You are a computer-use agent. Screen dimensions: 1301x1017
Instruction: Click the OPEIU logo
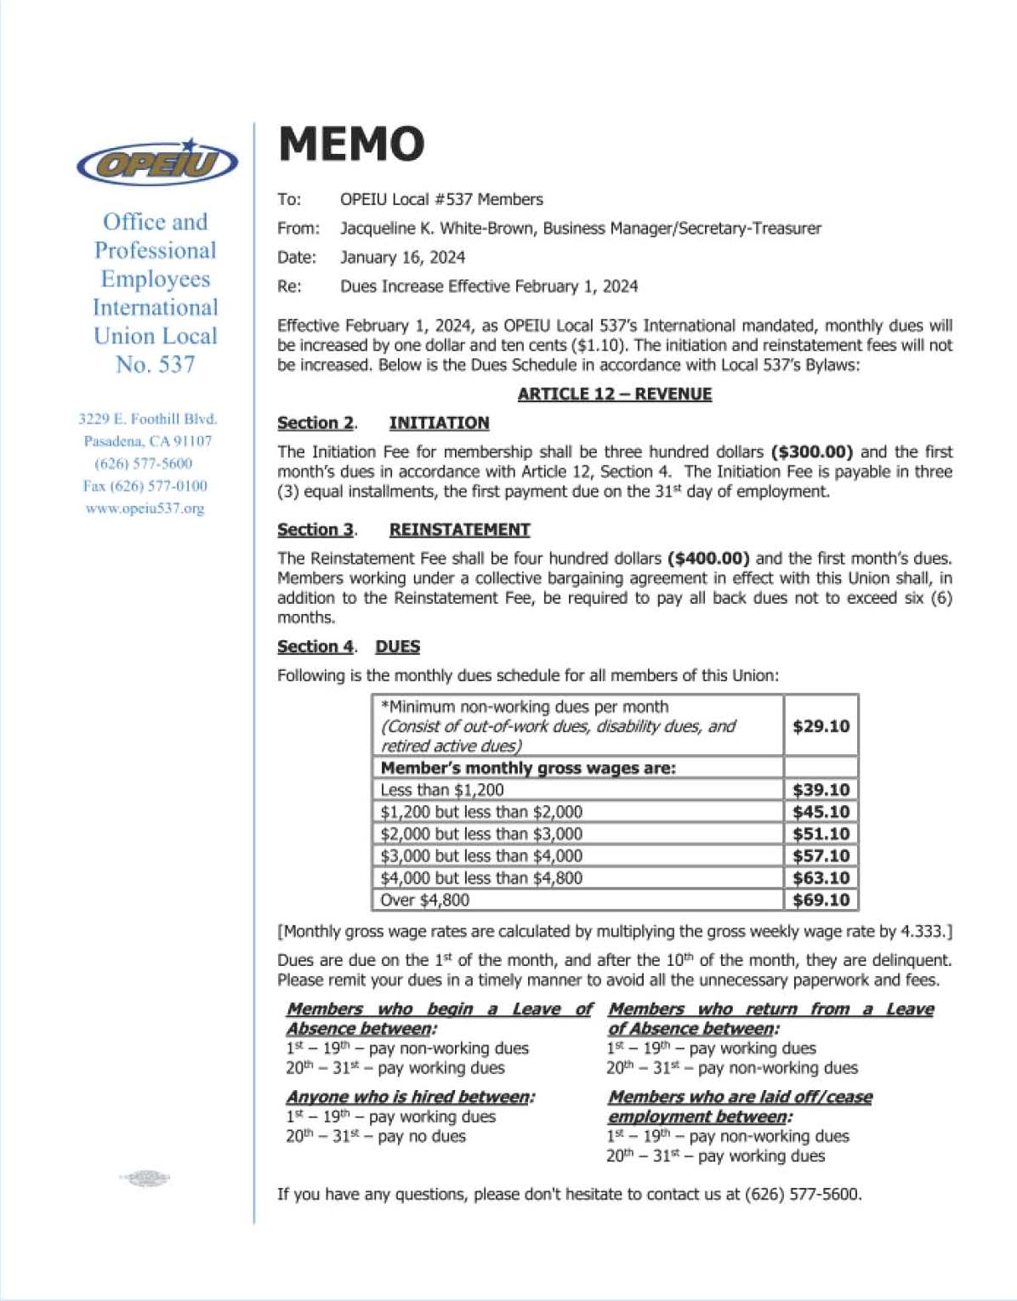tap(156, 162)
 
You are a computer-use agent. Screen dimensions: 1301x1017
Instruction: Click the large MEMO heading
tap(351, 144)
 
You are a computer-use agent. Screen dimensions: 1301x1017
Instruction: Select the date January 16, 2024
tap(402, 258)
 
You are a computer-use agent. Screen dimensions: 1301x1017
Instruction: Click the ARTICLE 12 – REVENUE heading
tap(614, 395)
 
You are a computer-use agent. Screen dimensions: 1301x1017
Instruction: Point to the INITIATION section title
tap(439, 423)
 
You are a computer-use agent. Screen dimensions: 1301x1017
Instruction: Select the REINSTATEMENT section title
tap(459, 530)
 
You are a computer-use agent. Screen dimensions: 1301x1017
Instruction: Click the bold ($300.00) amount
tap(811, 452)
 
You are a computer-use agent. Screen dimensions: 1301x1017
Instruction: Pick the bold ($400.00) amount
tap(708, 559)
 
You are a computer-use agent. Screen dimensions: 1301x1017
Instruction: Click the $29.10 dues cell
tap(821, 726)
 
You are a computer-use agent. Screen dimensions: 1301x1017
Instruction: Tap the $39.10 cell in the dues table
tap(821, 790)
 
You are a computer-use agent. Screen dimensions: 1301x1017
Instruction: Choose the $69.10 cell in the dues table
tap(821, 900)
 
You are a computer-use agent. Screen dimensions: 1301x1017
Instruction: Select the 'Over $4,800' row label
tap(425, 900)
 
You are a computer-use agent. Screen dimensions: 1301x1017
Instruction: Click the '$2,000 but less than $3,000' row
tap(481, 834)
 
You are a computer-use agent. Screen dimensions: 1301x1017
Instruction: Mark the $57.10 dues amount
tap(821, 855)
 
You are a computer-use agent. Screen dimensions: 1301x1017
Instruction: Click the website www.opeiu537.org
tap(145, 508)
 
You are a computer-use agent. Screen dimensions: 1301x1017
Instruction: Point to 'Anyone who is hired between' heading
tap(410, 1097)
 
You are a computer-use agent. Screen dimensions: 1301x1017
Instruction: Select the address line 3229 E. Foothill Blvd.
tap(148, 419)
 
